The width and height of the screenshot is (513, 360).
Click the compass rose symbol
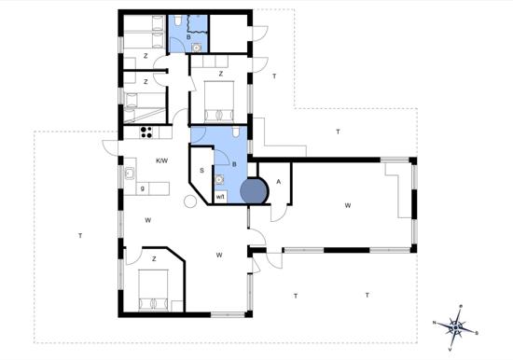pos(456,327)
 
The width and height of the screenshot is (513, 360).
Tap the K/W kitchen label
pos(162,160)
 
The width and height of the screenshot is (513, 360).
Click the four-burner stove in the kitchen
pos(146,132)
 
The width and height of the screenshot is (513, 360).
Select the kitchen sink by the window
pos(130,173)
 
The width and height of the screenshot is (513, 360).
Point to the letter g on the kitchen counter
pos(143,188)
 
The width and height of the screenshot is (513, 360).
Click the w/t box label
pos(220,197)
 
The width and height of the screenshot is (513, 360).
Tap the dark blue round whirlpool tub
pos(255,191)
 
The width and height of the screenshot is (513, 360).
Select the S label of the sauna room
pos(201,171)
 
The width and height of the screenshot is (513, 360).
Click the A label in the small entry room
pos(279,182)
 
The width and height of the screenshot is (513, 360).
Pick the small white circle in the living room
pos(190,201)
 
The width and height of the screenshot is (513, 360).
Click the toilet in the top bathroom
pos(178,21)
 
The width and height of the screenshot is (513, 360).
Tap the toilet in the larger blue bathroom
pos(236,132)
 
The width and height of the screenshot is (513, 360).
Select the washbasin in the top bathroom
pos(197,48)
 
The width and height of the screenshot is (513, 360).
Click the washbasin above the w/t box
pos(219,179)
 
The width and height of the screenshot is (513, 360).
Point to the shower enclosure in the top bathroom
pos(198,23)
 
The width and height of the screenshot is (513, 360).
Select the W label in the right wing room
pos(348,205)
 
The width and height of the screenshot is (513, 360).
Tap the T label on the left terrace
pos(80,235)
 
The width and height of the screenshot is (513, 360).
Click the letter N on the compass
pos(435,323)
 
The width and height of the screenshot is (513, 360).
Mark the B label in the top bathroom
pos(188,37)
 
